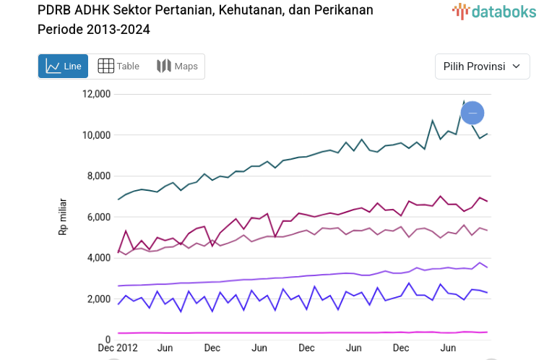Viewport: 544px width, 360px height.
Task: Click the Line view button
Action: pos(64,67)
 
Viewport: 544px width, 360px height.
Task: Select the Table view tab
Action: pos(118,67)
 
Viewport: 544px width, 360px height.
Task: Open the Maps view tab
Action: pos(177,67)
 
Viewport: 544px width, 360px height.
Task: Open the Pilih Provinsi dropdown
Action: pos(482,67)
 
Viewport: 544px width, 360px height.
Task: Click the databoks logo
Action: pos(493,11)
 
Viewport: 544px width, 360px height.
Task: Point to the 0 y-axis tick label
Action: pos(107,340)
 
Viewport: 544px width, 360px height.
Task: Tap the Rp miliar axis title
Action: pos(63,217)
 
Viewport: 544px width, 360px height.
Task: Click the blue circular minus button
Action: pos(472,113)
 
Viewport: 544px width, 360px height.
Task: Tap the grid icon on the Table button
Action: pos(105,67)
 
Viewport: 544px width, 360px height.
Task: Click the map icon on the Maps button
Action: pos(163,67)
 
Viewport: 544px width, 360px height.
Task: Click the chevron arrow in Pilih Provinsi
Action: pos(516,67)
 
